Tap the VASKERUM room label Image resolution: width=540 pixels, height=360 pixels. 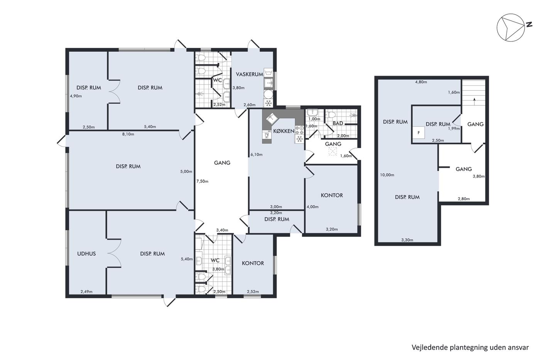[250, 74]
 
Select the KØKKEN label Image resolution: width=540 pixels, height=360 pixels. [284, 131]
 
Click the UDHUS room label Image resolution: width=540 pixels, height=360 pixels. [86, 254]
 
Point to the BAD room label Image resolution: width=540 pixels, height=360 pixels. [338, 123]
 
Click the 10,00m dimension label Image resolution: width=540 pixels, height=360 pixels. [387, 175]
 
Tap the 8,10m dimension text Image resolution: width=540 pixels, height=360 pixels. [128, 134]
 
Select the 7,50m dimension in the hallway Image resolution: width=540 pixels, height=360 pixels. [202, 181]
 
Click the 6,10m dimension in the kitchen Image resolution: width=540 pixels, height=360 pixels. [256, 155]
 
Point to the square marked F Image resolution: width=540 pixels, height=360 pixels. [418, 133]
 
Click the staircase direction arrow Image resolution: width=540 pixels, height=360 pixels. [474, 101]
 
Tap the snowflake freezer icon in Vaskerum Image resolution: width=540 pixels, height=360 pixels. [268, 103]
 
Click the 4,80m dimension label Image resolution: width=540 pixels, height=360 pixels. [421, 82]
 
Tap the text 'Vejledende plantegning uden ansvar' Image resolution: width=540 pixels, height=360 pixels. [470, 348]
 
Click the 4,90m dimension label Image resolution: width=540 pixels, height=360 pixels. [76, 96]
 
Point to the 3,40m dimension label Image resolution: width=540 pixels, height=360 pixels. [222, 230]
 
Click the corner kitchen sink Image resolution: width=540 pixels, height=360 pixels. [272, 118]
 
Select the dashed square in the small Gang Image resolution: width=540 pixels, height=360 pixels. [332, 151]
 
